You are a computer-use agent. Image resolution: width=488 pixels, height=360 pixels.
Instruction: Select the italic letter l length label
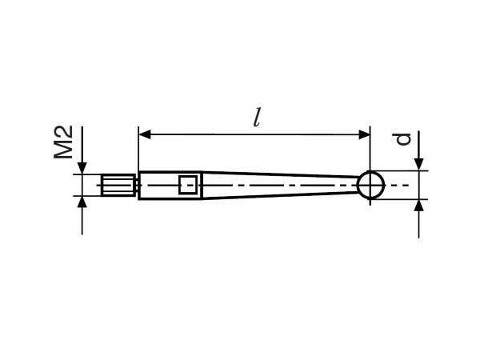[x=256, y=118]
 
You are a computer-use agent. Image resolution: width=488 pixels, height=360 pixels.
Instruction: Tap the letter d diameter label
[x=405, y=138]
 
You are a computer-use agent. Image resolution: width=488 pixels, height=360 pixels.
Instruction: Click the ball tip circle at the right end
[x=370, y=185]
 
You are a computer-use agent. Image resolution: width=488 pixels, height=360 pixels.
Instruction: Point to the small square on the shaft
[x=188, y=185]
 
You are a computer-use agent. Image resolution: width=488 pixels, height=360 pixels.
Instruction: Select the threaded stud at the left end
[x=119, y=185]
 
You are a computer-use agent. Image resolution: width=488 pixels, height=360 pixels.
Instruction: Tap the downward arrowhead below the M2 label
[x=82, y=166]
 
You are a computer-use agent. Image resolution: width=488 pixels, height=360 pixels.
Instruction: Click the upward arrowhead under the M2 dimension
[x=82, y=204]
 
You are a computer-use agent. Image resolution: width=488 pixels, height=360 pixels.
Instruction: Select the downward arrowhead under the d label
[x=418, y=164]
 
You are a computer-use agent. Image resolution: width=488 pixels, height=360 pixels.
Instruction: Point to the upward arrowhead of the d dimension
[x=418, y=206]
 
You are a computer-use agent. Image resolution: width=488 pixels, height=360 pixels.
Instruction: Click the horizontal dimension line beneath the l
[x=256, y=134]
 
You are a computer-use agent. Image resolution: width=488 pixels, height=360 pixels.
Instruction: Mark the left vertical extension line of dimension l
[x=139, y=152]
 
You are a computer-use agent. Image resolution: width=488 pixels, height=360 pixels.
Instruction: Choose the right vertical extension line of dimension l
[x=370, y=152]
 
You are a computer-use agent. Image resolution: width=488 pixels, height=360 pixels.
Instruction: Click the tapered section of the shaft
[x=280, y=185]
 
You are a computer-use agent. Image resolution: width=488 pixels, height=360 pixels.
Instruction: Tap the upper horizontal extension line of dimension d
[x=400, y=170]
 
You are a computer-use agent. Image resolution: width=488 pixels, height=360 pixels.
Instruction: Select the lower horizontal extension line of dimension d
[x=400, y=199]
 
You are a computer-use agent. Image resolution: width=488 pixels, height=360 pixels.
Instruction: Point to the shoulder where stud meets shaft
[x=139, y=185]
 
